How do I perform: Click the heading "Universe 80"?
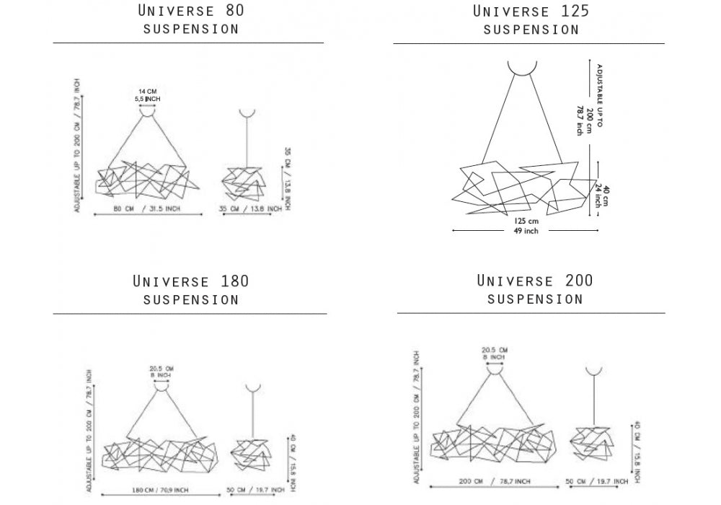click(x=191, y=11)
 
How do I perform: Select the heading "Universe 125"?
click(x=531, y=11)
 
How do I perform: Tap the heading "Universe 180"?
click(x=191, y=281)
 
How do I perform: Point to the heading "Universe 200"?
click(x=534, y=280)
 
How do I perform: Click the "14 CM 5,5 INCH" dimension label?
click(x=147, y=94)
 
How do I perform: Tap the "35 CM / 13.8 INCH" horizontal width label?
click(x=250, y=208)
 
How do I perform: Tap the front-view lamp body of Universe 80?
click(x=144, y=179)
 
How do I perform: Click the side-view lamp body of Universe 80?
click(x=247, y=182)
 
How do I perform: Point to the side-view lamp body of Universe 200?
click(x=591, y=442)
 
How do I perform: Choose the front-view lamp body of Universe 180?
click(x=160, y=453)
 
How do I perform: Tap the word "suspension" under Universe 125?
click(x=531, y=30)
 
